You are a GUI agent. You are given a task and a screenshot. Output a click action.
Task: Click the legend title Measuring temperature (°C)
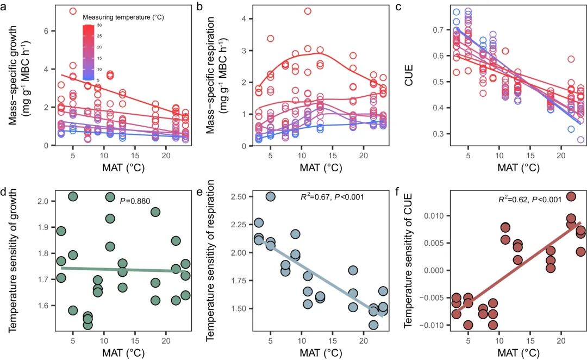[123, 17]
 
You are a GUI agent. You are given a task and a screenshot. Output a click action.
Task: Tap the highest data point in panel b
[308, 11]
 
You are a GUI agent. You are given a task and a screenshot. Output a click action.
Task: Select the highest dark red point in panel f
[571, 196]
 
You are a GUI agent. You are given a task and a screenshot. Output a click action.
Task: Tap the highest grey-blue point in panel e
[271, 196]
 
